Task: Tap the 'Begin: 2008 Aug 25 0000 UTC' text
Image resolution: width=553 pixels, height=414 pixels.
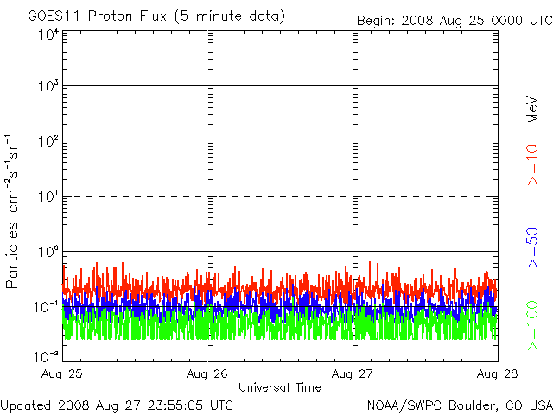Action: tap(455, 21)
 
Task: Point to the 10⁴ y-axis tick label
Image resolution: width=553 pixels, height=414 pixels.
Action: tap(48, 34)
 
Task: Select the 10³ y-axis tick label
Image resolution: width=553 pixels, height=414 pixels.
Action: tap(48, 86)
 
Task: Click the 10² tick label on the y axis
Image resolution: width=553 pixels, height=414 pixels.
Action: tap(48, 141)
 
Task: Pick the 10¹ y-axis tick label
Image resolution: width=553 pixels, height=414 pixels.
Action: tap(48, 197)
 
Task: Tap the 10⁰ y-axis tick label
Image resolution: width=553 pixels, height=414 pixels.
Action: tap(48, 252)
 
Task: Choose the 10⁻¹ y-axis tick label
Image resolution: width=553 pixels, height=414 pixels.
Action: tap(46, 307)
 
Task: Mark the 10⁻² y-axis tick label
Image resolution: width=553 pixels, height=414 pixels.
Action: tap(46, 356)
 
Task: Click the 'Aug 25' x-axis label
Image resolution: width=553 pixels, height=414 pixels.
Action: tap(61, 373)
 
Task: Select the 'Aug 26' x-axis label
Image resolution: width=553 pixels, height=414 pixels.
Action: tap(207, 373)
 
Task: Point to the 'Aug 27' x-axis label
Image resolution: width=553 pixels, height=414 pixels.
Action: tap(352, 373)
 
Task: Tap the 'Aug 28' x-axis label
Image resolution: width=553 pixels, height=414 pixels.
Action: tap(498, 373)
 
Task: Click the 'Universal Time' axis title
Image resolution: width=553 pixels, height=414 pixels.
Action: tap(280, 387)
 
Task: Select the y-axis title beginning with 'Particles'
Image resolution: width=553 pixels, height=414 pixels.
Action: tap(11, 211)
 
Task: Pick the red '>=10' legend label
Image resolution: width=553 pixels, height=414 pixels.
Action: tap(532, 165)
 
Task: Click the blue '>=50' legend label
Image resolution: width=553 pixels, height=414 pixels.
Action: tap(532, 248)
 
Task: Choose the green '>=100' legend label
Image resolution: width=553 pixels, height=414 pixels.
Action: tap(532, 326)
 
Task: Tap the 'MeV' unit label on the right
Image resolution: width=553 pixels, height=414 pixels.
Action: tap(532, 110)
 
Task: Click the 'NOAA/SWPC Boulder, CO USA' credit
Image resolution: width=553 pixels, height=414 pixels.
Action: tap(460, 405)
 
